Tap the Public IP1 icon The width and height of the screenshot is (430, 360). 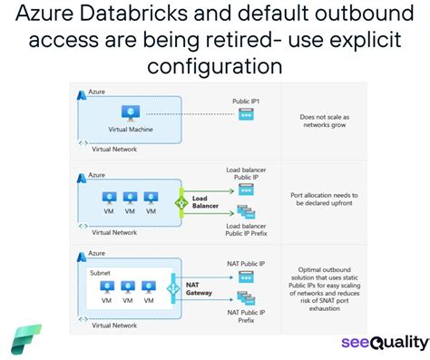(245, 114)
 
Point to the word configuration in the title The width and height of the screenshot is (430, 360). (215, 66)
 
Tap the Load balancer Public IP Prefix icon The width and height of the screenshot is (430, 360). (245, 212)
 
